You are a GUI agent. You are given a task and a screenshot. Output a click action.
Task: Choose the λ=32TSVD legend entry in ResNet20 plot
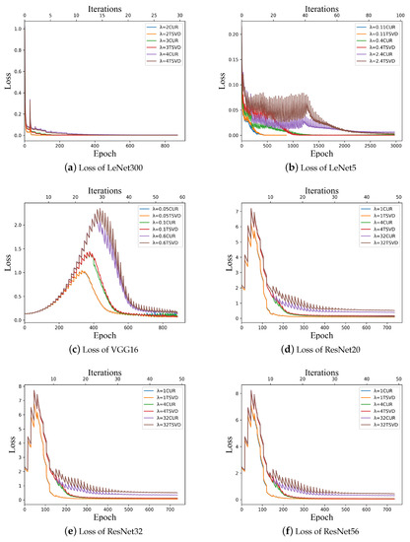click(x=371, y=241)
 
